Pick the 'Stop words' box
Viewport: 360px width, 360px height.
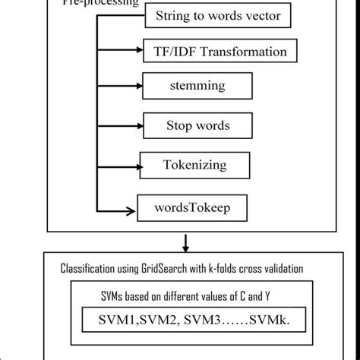197,125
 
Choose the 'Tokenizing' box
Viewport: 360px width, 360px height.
194,164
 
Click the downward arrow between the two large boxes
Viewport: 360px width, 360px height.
185,245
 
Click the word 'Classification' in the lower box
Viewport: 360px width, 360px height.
89,269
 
